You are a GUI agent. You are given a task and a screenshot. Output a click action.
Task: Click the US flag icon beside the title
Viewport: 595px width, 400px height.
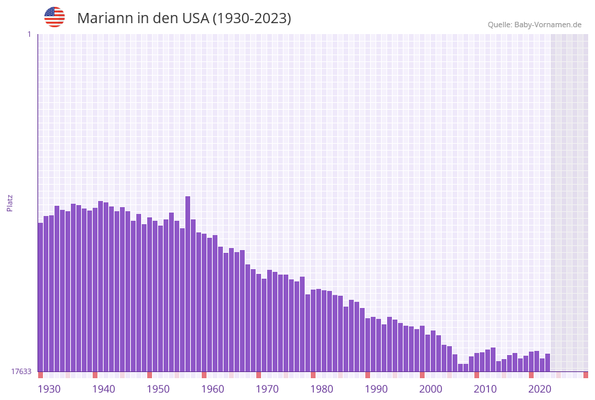[x=55, y=17]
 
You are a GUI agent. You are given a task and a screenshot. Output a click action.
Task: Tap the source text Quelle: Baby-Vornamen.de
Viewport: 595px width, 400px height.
[x=534, y=25]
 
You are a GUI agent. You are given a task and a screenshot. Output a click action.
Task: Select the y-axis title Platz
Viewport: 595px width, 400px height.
[x=10, y=202]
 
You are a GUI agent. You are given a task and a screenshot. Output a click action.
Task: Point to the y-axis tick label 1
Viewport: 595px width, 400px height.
[x=29, y=34]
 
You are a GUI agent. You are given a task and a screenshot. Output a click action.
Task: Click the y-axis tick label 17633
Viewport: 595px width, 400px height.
[x=21, y=371]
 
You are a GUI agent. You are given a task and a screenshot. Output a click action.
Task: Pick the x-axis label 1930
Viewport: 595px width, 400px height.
[x=49, y=389]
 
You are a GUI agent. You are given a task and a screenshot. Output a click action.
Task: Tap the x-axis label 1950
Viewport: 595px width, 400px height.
[x=158, y=389]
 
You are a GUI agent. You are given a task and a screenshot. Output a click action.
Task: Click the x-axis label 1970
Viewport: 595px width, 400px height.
[x=267, y=389]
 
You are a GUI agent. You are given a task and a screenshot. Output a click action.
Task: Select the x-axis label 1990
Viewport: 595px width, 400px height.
[x=376, y=389]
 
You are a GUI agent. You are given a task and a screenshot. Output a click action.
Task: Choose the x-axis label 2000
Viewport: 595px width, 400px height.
[x=431, y=389]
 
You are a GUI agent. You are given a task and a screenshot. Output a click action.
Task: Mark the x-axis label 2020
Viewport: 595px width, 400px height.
[x=540, y=389]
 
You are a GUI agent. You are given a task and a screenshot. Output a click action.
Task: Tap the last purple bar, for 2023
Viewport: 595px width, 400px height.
[x=547, y=363]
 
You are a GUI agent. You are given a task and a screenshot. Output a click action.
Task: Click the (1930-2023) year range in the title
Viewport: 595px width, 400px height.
[x=251, y=18]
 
